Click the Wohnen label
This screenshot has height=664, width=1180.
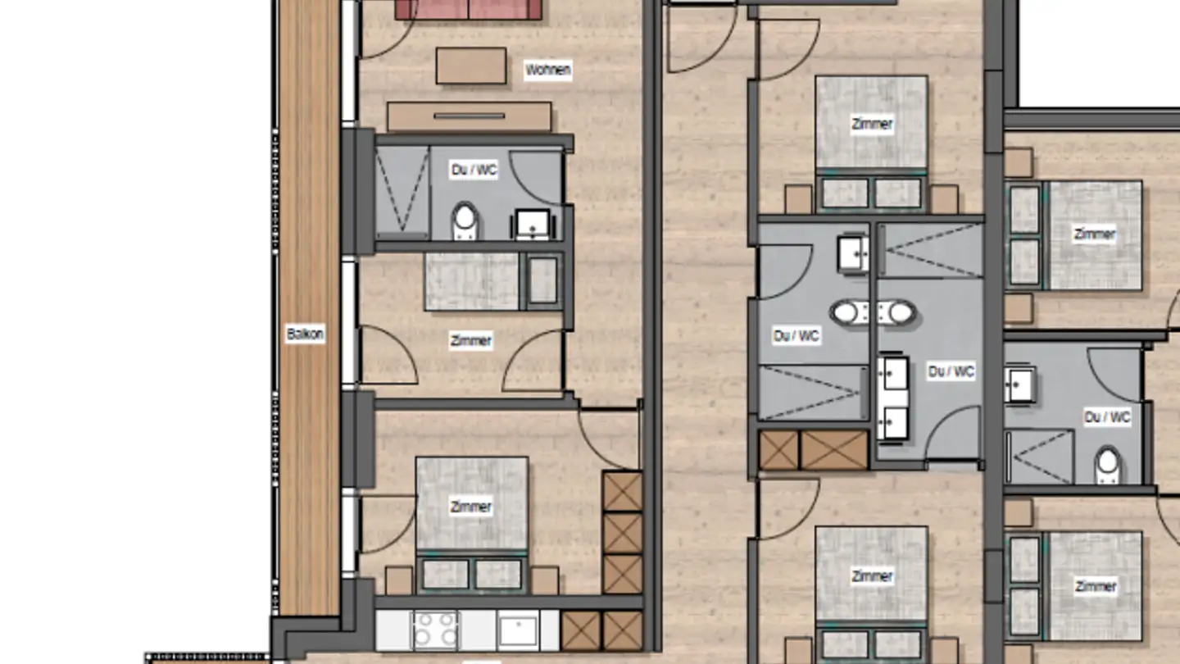pyautogui.click(x=548, y=70)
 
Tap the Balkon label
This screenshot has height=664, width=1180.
pyautogui.click(x=305, y=334)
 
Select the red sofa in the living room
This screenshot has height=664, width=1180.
pyautogui.click(x=468, y=9)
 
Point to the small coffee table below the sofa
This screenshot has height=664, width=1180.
pyautogui.click(x=470, y=66)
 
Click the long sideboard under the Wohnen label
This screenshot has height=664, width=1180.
pyautogui.click(x=469, y=116)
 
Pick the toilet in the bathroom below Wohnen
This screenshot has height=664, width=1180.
pyautogui.click(x=465, y=221)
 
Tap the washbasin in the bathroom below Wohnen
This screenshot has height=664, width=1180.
pyautogui.click(x=533, y=223)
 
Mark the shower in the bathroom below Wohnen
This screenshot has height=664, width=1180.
pyautogui.click(x=402, y=193)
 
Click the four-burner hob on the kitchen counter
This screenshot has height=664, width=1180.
pyautogui.click(x=436, y=630)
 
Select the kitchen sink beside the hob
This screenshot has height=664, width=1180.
pyautogui.click(x=518, y=630)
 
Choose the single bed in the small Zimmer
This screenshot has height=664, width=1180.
pyautogui.click(x=471, y=281)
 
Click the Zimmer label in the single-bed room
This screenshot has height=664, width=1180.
pyautogui.click(x=471, y=340)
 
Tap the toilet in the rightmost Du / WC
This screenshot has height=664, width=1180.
pyautogui.click(x=1108, y=464)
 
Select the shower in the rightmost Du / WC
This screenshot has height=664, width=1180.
pyautogui.click(x=1039, y=456)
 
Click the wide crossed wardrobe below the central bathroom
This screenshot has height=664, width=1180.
pyautogui.click(x=834, y=450)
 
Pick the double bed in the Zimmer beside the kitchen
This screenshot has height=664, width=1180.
pyautogui.click(x=471, y=504)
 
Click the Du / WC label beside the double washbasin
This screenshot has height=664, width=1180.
pyautogui.click(x=951, y=371)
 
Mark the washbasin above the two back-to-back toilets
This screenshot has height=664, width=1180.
pyautogui.click(x=853, y=254)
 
